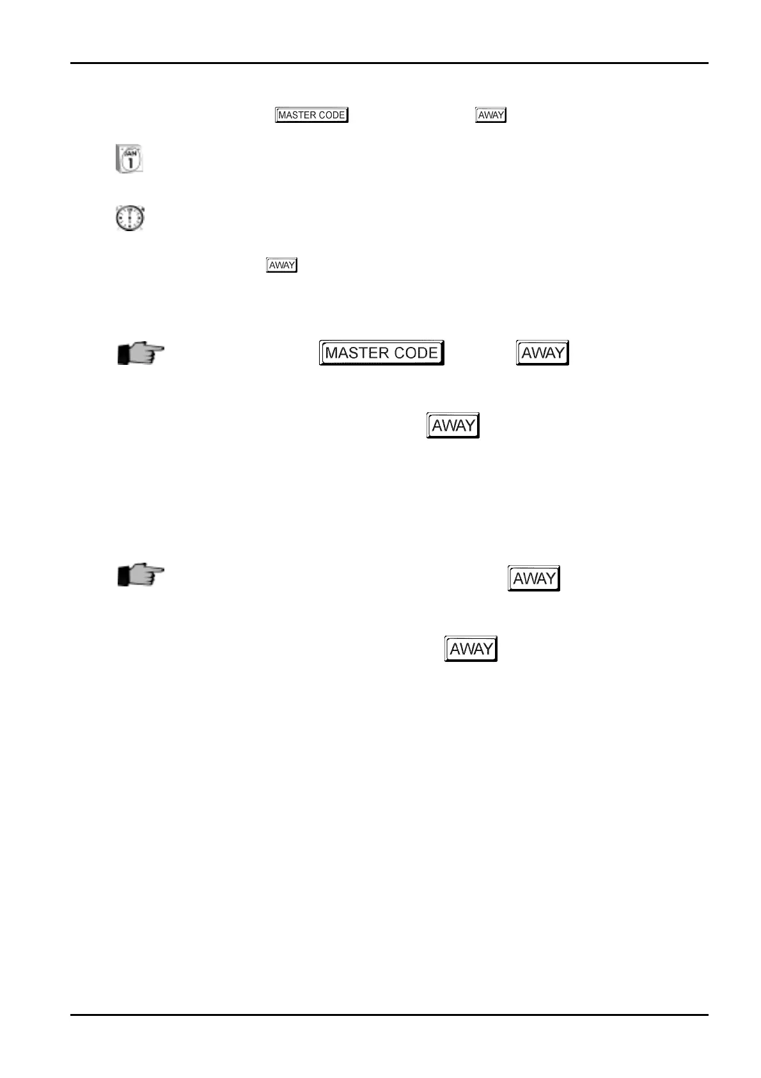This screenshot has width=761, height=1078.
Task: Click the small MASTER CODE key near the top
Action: point(311,115)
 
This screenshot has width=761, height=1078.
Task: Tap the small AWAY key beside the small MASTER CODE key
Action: point(490,115)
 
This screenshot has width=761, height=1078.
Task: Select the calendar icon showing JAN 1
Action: point(129,159)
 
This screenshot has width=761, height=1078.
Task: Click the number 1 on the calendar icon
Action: point(130,163)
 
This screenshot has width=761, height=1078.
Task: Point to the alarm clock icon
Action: point(130,218)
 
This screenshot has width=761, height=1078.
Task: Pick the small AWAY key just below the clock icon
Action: point(281,265)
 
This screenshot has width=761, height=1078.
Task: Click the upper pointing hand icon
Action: point(141,353)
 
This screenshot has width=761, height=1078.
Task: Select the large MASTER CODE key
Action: point(381,353)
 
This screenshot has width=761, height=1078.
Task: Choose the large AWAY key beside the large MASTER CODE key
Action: point(542,353)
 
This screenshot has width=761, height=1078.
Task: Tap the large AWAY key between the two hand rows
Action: point(453,426)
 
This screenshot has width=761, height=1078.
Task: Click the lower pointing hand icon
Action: point(141,575)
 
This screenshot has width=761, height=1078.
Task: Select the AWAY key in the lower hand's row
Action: point(533,579)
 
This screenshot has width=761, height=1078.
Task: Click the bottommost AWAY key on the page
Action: point(471,649)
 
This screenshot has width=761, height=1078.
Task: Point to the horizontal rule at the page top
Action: point(389,63)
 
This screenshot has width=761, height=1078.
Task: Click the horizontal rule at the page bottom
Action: point(389,1015)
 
